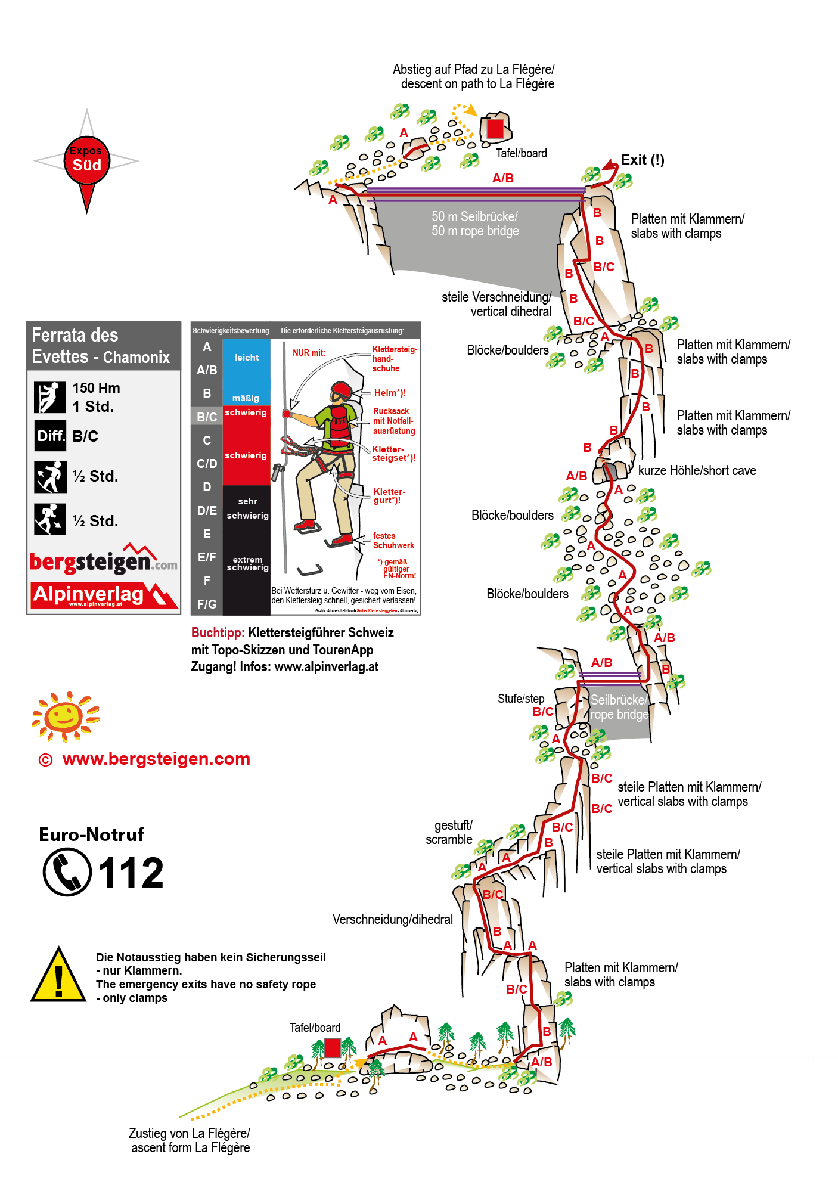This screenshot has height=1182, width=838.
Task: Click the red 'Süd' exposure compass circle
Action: click(87, 161)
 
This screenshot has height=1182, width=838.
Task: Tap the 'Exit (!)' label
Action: click(642, 160)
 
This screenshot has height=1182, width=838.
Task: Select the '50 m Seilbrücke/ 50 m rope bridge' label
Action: click(475, 224)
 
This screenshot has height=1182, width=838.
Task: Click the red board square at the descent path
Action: click(495, 128)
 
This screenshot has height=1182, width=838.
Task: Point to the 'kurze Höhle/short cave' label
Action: click(696, 470)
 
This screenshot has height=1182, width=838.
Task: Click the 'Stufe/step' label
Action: click(521, 699)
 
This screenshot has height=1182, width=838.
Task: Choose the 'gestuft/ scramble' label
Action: click(450, 832)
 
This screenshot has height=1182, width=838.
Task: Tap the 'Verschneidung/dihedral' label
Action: click(392, 919)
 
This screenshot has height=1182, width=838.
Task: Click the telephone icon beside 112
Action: click(67, 872)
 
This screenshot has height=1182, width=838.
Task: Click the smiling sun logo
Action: click(64, 716)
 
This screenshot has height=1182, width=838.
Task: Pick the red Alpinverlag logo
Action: click(104, 595)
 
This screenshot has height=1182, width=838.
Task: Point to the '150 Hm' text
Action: click(96, 388)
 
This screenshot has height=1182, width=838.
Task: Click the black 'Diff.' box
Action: click(50, 436)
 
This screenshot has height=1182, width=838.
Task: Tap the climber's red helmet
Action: click(342, 391)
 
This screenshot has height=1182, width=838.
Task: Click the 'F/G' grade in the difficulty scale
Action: click(207, 604)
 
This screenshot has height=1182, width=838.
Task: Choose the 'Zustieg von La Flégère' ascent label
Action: click(190, 1140)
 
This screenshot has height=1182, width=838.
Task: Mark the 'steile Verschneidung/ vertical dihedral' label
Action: click(496, 304)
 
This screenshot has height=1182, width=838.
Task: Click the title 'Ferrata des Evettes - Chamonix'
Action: click(101, 346)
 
